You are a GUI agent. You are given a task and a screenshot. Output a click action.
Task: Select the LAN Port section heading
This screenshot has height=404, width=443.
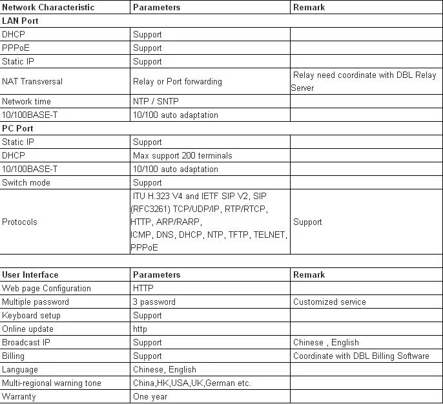20,21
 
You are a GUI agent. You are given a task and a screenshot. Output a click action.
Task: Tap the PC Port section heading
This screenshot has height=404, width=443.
18,128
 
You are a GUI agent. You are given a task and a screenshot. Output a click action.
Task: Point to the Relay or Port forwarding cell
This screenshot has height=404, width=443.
177,81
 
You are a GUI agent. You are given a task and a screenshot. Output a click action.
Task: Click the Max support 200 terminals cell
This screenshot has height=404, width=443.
182,155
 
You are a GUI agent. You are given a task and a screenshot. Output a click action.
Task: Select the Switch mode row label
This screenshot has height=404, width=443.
26,182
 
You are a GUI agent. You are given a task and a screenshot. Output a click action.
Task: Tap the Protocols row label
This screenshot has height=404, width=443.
19,222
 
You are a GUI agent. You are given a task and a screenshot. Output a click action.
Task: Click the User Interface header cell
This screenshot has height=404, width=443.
30,274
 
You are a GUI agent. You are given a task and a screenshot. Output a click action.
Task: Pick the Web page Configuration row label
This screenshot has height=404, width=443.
46,288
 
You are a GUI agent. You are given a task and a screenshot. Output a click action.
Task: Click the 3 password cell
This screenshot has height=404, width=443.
154,302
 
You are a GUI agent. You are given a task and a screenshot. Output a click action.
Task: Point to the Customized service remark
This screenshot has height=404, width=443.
329,302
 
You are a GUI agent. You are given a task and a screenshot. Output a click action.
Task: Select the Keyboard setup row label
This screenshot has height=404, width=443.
31,315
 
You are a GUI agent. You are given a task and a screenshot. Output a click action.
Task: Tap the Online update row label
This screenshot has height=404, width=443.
28,329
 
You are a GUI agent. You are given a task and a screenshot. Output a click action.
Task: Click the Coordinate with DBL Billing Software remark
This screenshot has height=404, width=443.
361,356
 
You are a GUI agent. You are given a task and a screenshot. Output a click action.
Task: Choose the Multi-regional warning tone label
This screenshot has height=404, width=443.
52,383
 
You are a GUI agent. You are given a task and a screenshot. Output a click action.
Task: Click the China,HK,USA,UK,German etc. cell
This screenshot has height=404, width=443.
192,383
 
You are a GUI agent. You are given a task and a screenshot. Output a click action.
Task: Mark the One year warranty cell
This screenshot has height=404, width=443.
150,396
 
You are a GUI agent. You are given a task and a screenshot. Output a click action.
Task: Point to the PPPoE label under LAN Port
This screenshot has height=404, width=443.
15,48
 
